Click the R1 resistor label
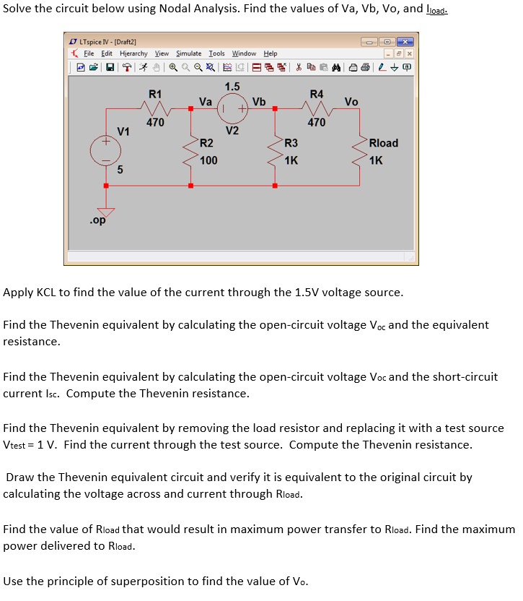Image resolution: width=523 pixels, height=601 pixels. tap(155, 94)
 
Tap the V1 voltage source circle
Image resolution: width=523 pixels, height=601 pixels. tap(105, 150)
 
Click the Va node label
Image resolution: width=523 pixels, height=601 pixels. tap(206, 102)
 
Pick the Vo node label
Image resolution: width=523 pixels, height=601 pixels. tap(351, 102)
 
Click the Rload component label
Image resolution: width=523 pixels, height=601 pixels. tap(383, 143)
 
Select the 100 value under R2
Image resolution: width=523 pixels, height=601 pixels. tap(208, 160)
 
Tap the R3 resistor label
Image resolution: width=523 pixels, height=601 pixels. tap(291, 143)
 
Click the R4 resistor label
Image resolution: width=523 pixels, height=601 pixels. tap(317, 94)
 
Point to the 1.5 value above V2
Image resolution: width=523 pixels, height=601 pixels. tap(232, 87)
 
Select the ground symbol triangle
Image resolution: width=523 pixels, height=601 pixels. tap(106, 212)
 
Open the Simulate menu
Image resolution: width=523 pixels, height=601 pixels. tap(188, 53)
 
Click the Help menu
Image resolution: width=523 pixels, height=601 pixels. tap(270, 53)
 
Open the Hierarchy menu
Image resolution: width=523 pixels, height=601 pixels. tap(133, 53)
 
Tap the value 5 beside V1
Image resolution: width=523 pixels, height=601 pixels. tap(120, 170)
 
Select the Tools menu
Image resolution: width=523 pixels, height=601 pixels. tap(216, 53)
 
